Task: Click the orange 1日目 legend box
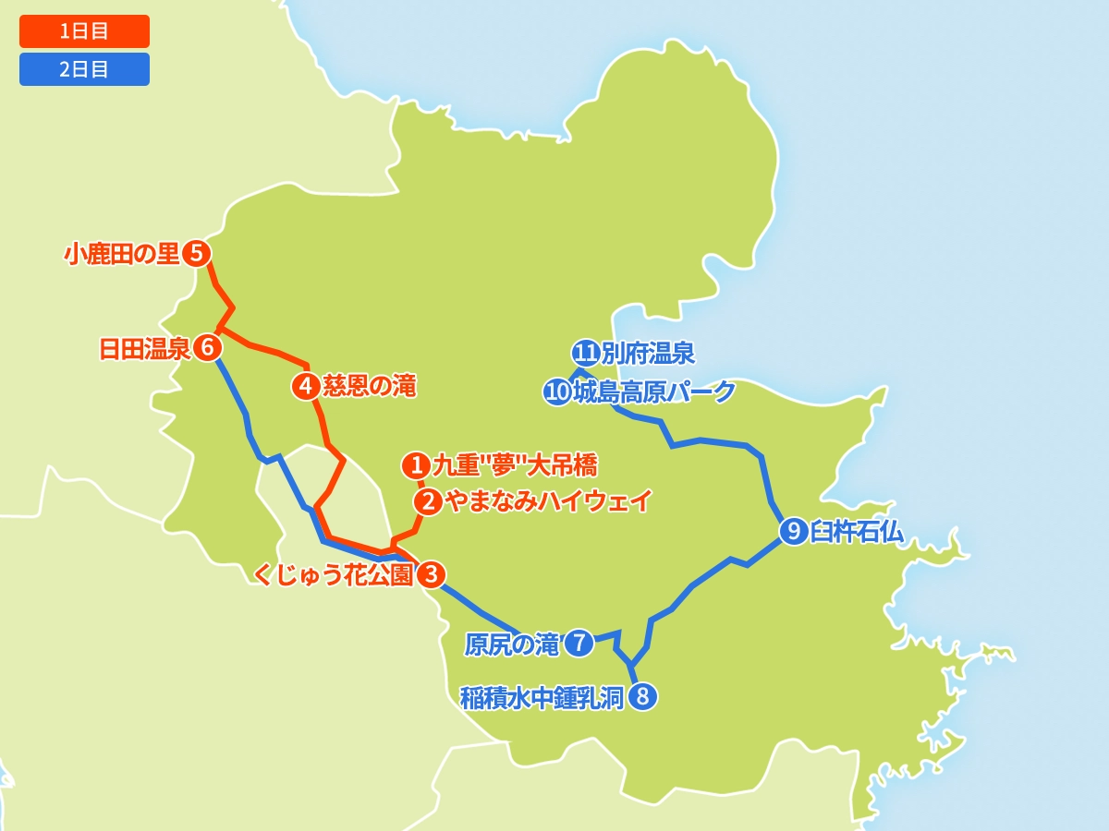(84, 31)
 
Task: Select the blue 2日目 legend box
(84, 69)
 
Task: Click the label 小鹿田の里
(121, 254)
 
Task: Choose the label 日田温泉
(144, 349)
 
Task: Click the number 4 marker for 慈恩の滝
(306, 386)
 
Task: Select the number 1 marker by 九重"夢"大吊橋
(417, 464)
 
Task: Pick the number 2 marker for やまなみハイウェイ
(428, 501)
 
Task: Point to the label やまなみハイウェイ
(548, 501)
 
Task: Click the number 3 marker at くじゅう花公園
(431, 574)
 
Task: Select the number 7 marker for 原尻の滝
(579, 643)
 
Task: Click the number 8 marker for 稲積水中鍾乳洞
(643, 696)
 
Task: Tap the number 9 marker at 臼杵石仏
(793, 531)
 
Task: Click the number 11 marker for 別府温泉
(585, 353)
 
